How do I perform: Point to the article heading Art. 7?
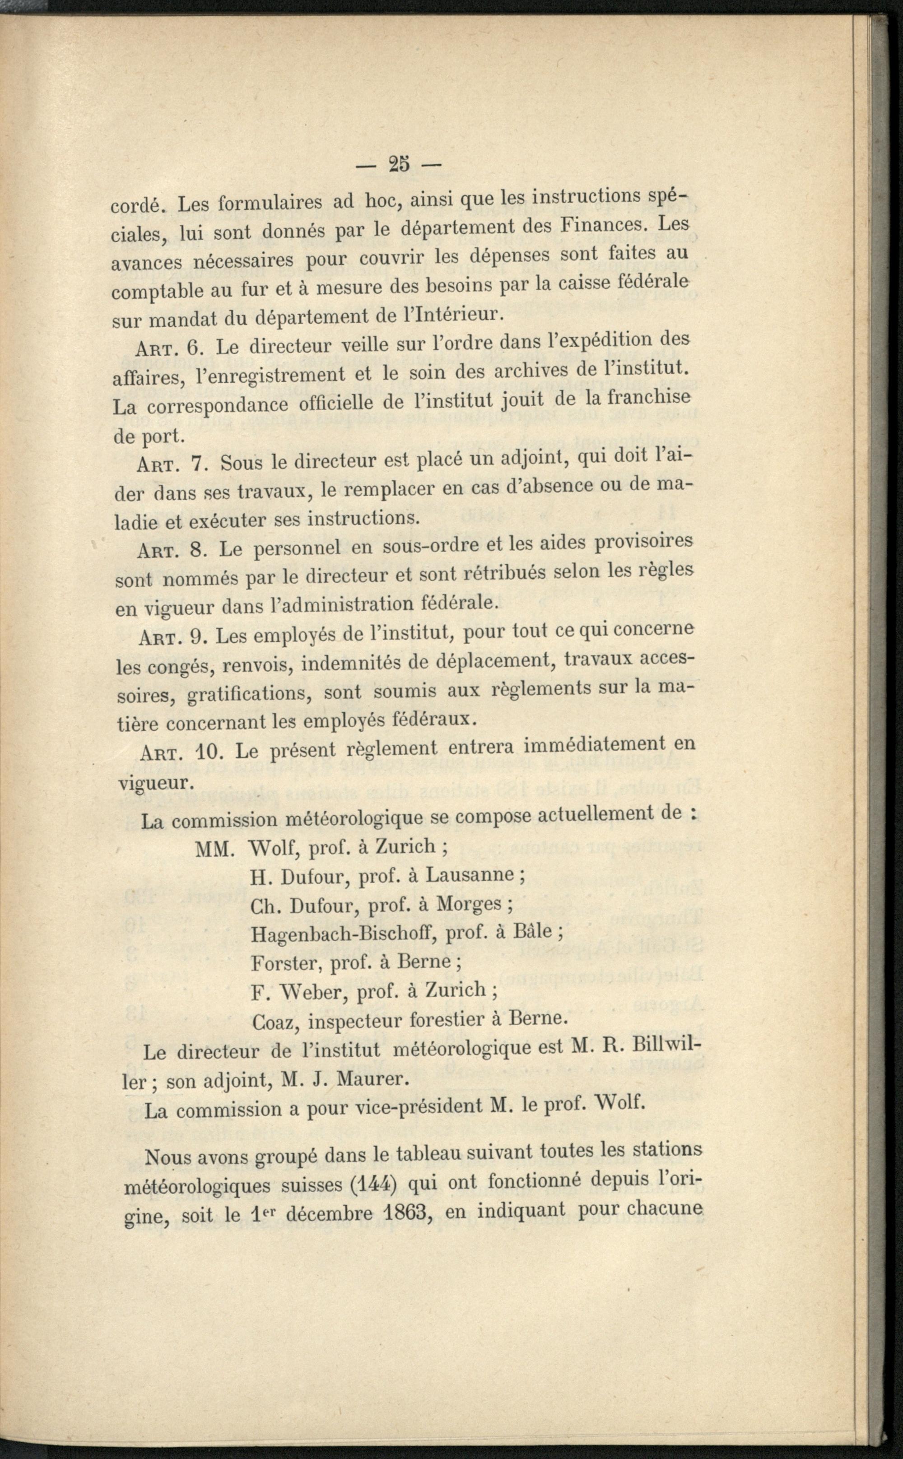[172, 464]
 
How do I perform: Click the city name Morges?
[469, 903]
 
